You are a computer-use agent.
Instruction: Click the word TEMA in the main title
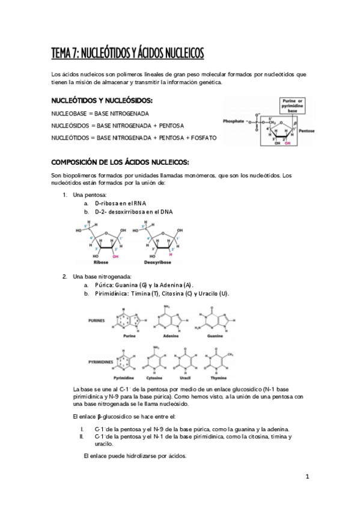[x=61, y=54]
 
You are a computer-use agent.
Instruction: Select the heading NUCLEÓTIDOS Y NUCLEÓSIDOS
[x=102, y=100]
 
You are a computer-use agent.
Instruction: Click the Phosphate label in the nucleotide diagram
[x=233, y=120]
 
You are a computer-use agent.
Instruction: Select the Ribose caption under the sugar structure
[x=102, y=263]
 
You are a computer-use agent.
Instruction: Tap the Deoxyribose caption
[x=157, y=263]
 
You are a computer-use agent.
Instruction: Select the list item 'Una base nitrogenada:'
[x=97, y=276]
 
